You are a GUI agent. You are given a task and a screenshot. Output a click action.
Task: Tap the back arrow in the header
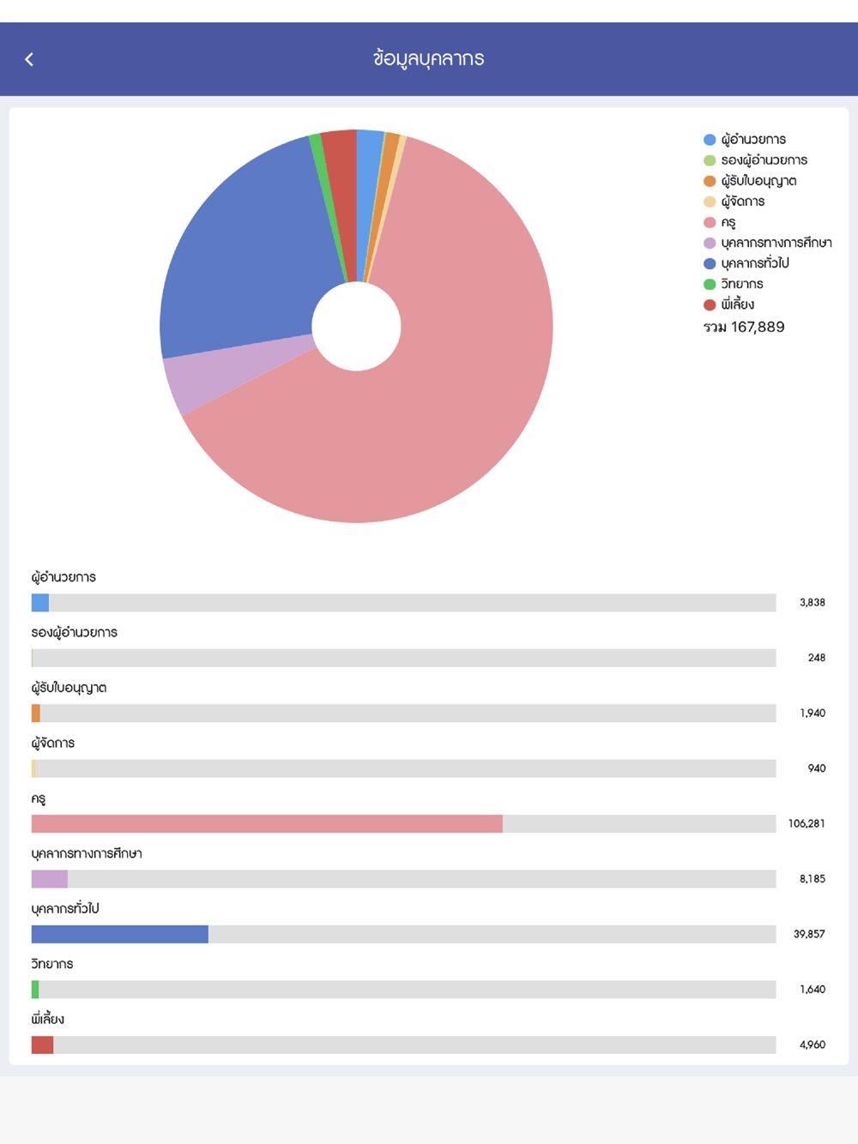[x=29, y=59]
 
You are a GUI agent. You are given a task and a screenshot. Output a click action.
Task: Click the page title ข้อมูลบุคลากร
[x=429, y=58]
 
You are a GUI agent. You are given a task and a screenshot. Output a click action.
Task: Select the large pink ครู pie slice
[x=446, y=412]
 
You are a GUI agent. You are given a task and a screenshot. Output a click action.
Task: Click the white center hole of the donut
[x=356, y=327]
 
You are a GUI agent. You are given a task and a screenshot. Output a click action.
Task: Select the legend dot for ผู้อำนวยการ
[x=710, y=140]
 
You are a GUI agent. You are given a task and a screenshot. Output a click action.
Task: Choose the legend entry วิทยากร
[x=741, y=284]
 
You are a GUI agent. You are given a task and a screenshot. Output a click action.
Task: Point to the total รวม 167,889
[x=744, y=327]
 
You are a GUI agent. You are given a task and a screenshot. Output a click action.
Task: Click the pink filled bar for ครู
[x=266, y=823]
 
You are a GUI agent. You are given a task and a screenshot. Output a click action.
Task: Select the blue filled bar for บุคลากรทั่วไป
[x=120, y=934]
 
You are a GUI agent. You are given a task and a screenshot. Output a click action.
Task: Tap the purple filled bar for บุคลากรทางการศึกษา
[x=50, y=879]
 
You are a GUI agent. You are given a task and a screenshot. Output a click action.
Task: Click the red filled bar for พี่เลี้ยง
[x=42, y=1045]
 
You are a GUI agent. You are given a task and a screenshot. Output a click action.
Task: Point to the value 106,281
[x=807, y=823]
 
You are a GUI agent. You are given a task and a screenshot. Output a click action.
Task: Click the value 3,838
[x=812, y=603]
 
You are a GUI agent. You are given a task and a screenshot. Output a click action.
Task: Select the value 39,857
[x=809, y=934]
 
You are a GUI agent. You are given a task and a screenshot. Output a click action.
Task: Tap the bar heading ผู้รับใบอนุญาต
[x=69, y=688]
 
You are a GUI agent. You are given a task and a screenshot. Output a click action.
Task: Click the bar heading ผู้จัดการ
[x=53, y=743]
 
